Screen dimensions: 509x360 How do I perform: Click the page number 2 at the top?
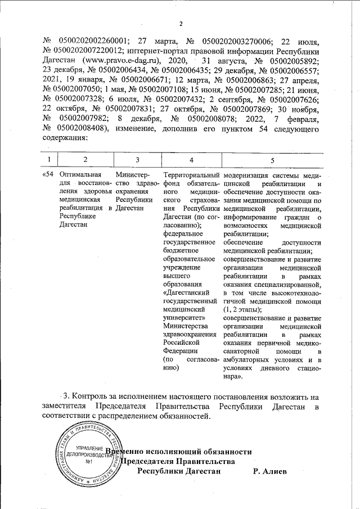[181, 24]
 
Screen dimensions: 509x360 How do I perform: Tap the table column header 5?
[272, 160]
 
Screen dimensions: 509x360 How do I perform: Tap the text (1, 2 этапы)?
[242, 309]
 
